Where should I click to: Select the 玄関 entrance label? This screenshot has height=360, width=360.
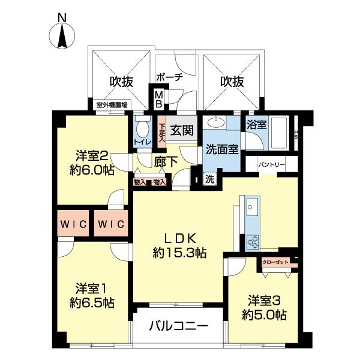tap(180, 130)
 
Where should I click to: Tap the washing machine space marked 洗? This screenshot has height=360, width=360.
tap(210, 179)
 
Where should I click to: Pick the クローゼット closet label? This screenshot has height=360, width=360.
tap(275, 262)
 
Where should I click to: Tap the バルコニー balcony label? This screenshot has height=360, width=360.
tap(178, 326)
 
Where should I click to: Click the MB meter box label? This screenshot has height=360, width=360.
tap(158, 98)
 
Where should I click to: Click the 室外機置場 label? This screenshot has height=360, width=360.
tap(112, 106)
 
